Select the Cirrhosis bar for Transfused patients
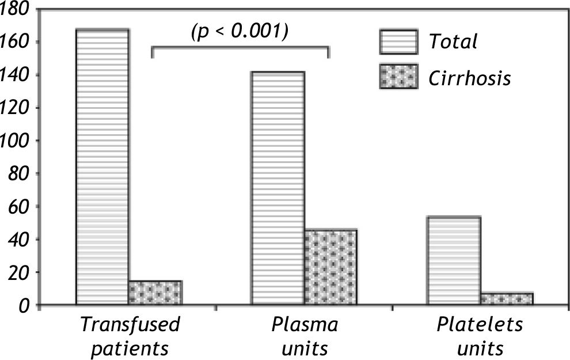(155, 293)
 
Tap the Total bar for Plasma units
(278, 188)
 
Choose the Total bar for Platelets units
(454, 260)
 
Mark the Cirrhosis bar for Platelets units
(507, 298)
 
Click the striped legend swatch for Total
(398, 41)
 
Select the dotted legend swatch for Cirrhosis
(398, 77)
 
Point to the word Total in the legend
(453, 41)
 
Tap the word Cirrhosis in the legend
(469, 77)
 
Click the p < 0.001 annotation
(240, 30)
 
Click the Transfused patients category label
(130, 336)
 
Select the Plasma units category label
(305, 336)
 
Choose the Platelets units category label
(479, 336)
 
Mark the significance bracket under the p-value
(240, 48)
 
